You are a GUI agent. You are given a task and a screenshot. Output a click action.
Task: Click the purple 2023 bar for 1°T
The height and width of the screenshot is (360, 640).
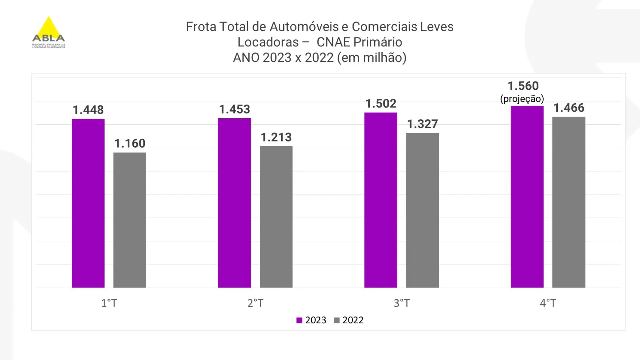click(88, 203)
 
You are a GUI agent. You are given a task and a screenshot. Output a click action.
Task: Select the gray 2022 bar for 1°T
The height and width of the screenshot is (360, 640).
click(130, 220)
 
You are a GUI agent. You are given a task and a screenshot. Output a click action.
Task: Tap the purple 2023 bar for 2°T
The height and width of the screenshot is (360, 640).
click(234, 203)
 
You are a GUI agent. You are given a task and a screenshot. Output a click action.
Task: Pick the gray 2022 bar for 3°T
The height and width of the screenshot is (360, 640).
click(422, 210)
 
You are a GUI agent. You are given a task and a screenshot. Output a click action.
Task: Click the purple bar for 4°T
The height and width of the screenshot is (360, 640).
click(527, 197)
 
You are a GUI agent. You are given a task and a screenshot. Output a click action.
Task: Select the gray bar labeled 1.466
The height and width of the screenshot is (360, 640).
click(569, 202)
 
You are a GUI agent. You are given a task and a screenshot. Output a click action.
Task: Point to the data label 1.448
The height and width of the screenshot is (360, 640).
click(88, 110)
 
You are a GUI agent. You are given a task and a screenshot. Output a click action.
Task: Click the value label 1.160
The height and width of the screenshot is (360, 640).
click(130, 144)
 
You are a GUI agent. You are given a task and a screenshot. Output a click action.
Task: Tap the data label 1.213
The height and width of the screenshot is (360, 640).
click(276, 137)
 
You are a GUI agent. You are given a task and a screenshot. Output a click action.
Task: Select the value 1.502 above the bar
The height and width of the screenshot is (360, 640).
click(381, 103)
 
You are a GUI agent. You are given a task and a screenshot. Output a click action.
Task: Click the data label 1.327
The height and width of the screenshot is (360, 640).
click(422, 124)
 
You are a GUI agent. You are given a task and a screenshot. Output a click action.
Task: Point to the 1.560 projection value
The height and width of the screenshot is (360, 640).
click(523, 86)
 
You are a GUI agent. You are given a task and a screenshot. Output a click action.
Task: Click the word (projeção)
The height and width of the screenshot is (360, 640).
click(522, 99)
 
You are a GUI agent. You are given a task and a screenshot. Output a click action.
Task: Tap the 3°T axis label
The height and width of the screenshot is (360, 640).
click(402, 303)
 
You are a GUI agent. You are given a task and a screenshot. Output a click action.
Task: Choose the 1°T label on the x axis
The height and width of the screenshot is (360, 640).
click(109, 303)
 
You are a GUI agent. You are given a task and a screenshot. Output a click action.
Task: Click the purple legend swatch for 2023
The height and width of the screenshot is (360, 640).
click(299, 320)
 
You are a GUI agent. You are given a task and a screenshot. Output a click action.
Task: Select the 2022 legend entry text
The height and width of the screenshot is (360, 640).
click(353, 320)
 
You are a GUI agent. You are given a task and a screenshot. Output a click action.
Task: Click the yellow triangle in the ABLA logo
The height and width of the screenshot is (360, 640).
click(49, 27)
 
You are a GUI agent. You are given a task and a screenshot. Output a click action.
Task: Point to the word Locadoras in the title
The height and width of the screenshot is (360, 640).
click(268, 42)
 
